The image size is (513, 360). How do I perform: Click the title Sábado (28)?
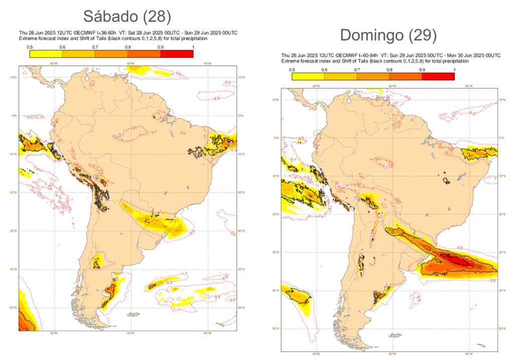tap(128, 16)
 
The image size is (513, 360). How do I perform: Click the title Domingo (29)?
tap(388, 35)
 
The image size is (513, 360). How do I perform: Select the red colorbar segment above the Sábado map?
tap(177, 54)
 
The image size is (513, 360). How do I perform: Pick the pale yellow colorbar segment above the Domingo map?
tap(308, 76)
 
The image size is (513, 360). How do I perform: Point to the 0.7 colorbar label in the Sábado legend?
tap(95, 47)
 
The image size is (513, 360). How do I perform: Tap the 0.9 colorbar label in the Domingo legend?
tap(422, 69)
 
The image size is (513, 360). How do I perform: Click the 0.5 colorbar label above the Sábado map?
tap(30, 47)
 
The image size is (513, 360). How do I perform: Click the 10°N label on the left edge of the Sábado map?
tap(14, 77)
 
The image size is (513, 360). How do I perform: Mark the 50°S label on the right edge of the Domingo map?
tap(501, 328)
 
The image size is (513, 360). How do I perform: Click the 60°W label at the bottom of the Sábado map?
tap(130, 333)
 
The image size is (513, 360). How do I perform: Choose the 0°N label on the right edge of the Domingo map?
tap(501, 138)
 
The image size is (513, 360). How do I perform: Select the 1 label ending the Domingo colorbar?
tap(454, 69)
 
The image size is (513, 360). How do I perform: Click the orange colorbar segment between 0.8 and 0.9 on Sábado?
tap(144, 54)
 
